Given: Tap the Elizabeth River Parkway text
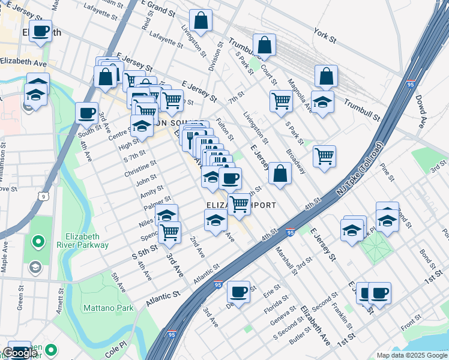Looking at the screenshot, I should (87, 241).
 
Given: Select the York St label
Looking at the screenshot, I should (325, 35).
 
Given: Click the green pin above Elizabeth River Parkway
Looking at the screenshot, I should (38, 242).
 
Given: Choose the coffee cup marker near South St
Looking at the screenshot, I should (87, 112).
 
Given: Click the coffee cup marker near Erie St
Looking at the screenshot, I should (239, 292).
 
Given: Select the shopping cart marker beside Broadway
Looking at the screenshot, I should (324, 156).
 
